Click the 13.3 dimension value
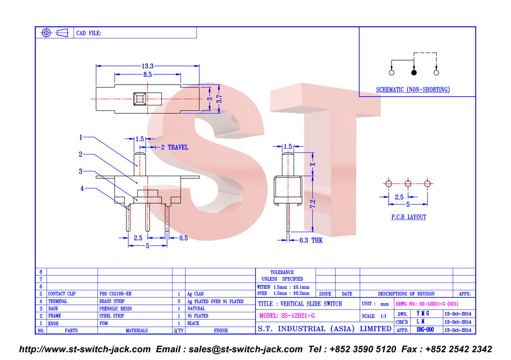click(147, 66)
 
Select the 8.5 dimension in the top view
click(147, 75)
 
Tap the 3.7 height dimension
click(219, 99)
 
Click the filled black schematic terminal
click(414, 73)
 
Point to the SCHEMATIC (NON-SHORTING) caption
click(413, 90)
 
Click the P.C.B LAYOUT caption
click(409, 217)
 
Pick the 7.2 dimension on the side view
click(313, 204)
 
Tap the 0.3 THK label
click(311, 240)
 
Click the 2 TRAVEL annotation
click(175, 147)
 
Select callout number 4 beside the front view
click(82, 188)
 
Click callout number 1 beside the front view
click(80, 137)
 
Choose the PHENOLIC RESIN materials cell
click(115, 309)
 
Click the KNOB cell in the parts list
click(53, 324)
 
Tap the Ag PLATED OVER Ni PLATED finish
click(215, 302)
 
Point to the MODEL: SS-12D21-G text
click(287, 316)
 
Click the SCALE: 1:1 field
click(374, 316)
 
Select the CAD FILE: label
click(88, 33)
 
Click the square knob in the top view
click(140, 99)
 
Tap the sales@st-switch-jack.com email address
click(246, 349)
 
